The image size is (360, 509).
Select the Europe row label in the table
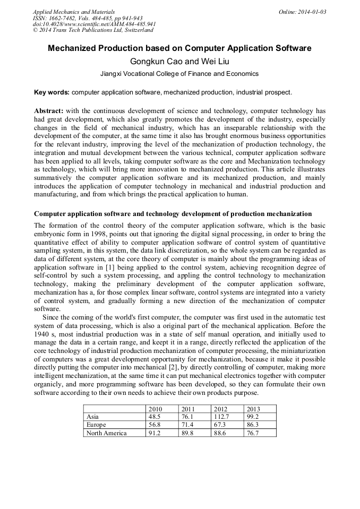tap(96, 425)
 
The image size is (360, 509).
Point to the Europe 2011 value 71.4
tap(188, 425)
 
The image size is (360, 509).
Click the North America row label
tap(106, 433)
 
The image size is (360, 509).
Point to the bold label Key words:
tap(52, 92)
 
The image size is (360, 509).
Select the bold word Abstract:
tap(49, 111)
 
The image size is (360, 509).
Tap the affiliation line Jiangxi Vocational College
tap(179, 74)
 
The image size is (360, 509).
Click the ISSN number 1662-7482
tap(64, 18)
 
